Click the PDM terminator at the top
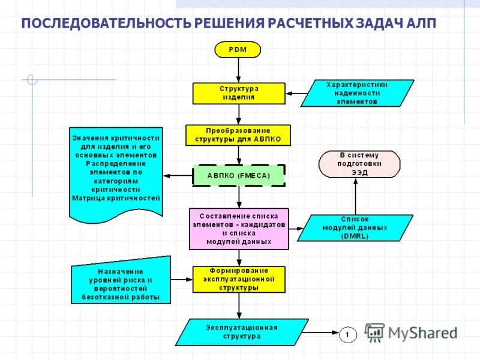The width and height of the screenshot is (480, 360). pos(238,49)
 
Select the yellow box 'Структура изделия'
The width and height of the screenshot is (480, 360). pos(238,92)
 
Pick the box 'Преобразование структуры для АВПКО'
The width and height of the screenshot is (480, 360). pos(238,135)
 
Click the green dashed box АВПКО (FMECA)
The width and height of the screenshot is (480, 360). pos(238,175)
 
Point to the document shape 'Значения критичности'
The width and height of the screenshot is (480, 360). pos(116,171)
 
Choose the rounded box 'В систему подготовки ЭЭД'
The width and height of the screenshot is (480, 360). pos(359,163)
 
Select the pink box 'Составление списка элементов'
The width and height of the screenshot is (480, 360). pos(239,228)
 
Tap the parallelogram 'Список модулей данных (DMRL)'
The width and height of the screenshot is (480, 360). pos(355,228)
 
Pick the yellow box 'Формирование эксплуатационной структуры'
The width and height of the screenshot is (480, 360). pos(239,279)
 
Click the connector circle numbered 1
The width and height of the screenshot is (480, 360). pos(349,334)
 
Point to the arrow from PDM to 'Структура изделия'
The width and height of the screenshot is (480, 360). pos(238,70)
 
